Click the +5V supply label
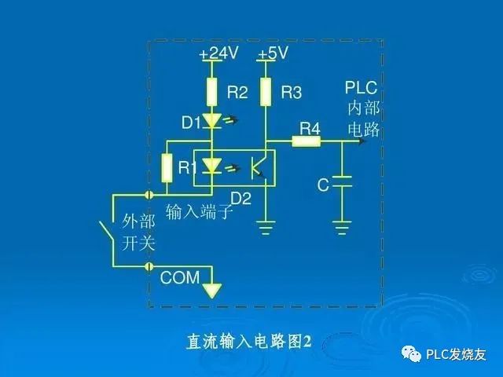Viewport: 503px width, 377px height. (x=273, y=53)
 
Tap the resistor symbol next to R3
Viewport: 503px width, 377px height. (x=266, y=92)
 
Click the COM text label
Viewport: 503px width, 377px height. (x=181, y=277)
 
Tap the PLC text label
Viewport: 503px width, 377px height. (x=362, y=88)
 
